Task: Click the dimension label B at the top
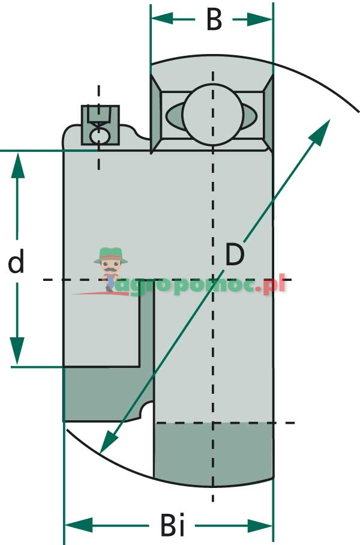[214, 19]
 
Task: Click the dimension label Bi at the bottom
[173, 526]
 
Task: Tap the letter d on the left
[16, 262]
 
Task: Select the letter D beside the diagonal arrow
[235, 255]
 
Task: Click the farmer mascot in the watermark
[110, 267]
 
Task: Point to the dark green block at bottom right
[213, 453]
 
